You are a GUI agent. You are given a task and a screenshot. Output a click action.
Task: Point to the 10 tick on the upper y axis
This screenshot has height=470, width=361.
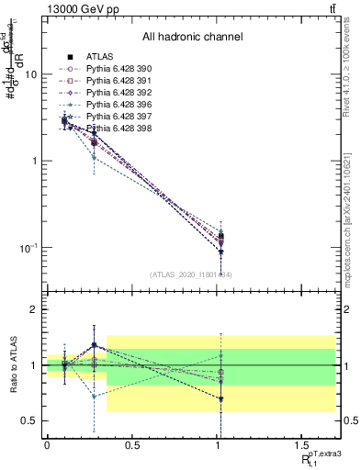tap(31, 74)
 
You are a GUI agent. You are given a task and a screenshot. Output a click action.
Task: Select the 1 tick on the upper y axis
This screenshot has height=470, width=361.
tap(35, 161)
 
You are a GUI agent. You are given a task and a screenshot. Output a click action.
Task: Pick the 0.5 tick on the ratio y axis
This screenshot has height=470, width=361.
tap(29, 420)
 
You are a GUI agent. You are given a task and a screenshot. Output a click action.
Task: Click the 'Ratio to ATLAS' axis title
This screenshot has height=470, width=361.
tap(12, 364)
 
